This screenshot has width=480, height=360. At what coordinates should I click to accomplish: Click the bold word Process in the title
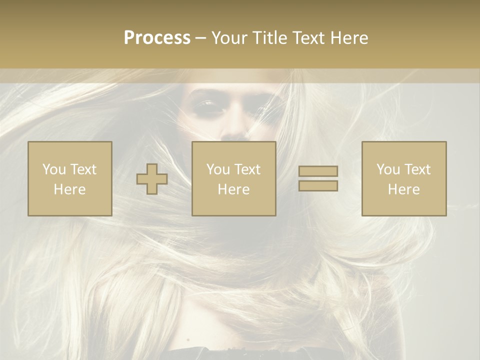[x=157, y=38]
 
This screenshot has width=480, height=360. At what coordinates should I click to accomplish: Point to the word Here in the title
[x=350, y=38]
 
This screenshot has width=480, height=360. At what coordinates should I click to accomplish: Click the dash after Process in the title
[x=200, y=38]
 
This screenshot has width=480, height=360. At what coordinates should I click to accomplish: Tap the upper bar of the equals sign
[x=318, y=171]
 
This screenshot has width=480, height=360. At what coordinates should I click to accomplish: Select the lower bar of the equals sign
[x=318, y=186]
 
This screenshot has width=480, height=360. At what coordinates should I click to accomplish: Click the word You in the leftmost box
[x=53, y=169]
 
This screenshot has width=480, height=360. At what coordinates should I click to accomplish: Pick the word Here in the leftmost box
[x=69, y=189]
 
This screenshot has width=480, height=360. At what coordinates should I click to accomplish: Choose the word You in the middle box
[x=217, y=169]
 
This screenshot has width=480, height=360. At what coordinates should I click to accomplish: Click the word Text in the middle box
[x=246, y=169]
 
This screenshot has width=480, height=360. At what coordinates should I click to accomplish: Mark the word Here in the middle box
[x=233, y=189]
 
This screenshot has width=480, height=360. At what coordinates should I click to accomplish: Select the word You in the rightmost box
[x=388, y=169]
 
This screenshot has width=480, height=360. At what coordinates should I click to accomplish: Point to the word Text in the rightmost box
[x=417, y=169]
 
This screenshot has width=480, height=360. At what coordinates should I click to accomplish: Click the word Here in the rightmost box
[x=404, y=189]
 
